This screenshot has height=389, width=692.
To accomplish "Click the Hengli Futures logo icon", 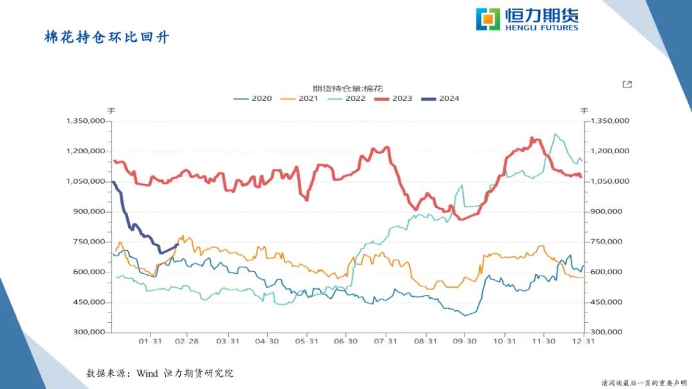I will (x=488, y=19).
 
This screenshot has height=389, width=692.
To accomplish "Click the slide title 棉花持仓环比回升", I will (x=106, y=37).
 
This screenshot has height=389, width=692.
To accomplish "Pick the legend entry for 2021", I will (x=300, y=99).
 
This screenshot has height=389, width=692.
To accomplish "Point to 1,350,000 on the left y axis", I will (x=86, y=120).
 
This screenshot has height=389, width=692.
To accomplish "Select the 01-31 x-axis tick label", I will (x=150, y=342).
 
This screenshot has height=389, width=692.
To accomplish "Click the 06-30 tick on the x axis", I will (x=347, y=342).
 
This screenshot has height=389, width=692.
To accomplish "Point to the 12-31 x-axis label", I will (x=582, y=342).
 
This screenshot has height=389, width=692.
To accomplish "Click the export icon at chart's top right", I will (x=627, y=85).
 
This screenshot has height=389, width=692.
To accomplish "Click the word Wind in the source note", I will (x=147, y=373).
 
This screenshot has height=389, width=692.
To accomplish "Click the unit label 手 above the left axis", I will (x=110, y=110).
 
